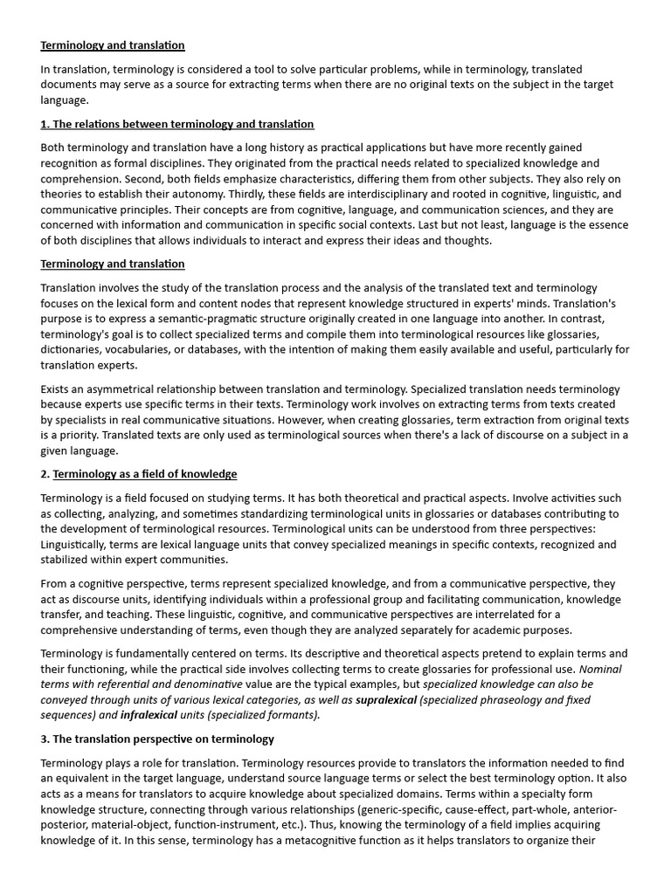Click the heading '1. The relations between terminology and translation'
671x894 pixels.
tap(177, 124)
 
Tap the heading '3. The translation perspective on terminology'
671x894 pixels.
tap(157, 739)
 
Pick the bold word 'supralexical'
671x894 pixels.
tap(386, 699)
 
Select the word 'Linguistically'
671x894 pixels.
tap(76, 544)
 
